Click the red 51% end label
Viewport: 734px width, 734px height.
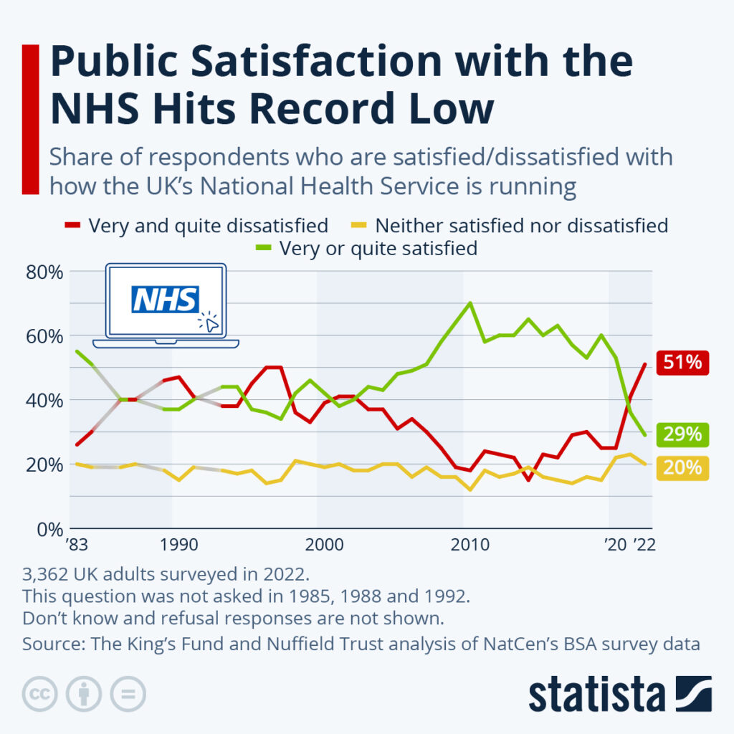(x=683, y=362)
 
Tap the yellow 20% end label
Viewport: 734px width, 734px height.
(x=683, y=467)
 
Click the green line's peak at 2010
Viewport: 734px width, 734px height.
(x=470, y=303)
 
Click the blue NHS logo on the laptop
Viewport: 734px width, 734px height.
(x=166, y=299)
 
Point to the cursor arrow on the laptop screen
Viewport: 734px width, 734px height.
(x=211, y=324)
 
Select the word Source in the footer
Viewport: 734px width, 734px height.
(x=50, y=643)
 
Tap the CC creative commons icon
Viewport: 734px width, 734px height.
(x=39, y=694)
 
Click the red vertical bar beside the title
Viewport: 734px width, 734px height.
(x=30, y=119)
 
